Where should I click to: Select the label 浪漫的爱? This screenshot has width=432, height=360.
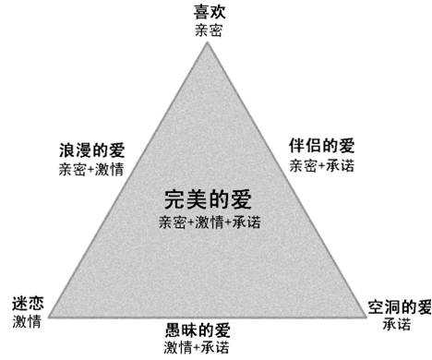click(91, 150)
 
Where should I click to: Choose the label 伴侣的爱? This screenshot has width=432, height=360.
click(321, 147)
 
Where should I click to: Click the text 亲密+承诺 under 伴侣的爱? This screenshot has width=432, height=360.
click(321, 165)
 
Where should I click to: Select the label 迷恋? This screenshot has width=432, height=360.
click(26, 304)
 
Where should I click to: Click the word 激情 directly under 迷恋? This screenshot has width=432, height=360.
click(26, 321)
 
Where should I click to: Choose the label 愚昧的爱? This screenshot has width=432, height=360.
click(197, 330)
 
